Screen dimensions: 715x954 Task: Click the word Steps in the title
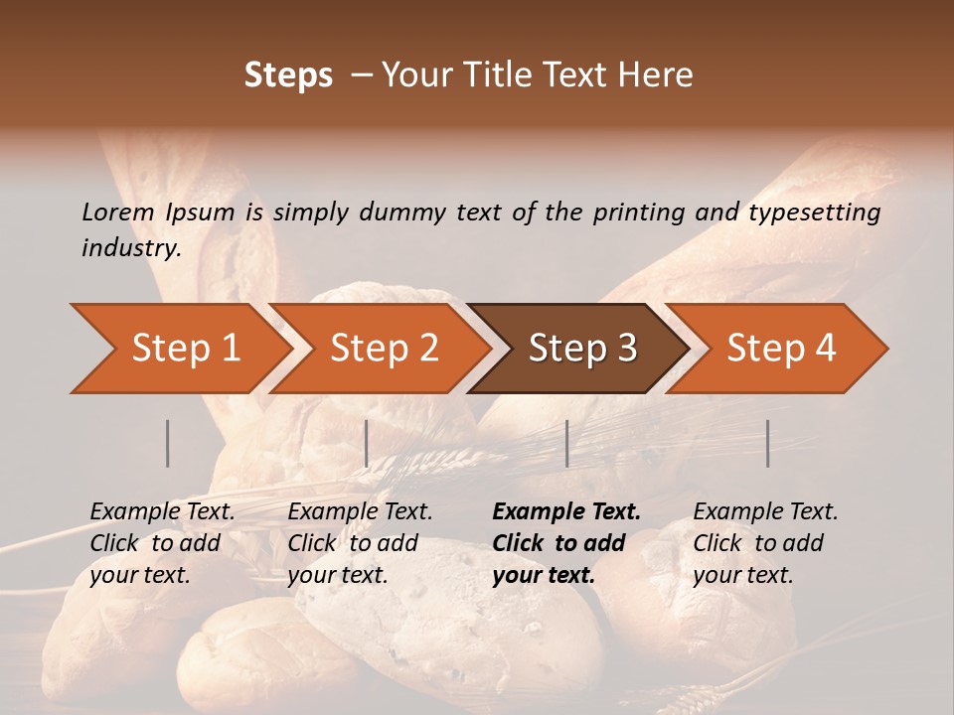288,75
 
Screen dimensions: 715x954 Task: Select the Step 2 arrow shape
384,349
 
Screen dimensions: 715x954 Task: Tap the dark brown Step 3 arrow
582,349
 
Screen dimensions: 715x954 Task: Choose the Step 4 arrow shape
781,349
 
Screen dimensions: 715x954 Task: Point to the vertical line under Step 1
168,443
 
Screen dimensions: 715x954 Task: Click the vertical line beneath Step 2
367,443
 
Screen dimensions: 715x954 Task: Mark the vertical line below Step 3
566,443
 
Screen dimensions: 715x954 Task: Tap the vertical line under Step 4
768,443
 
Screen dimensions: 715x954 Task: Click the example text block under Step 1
162,543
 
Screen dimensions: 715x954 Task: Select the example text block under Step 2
360,543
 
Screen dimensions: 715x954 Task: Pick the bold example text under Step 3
566,543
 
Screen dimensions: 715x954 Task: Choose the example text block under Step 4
765,543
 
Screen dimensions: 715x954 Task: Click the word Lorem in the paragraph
118,213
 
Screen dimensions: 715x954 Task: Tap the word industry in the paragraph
130,248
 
